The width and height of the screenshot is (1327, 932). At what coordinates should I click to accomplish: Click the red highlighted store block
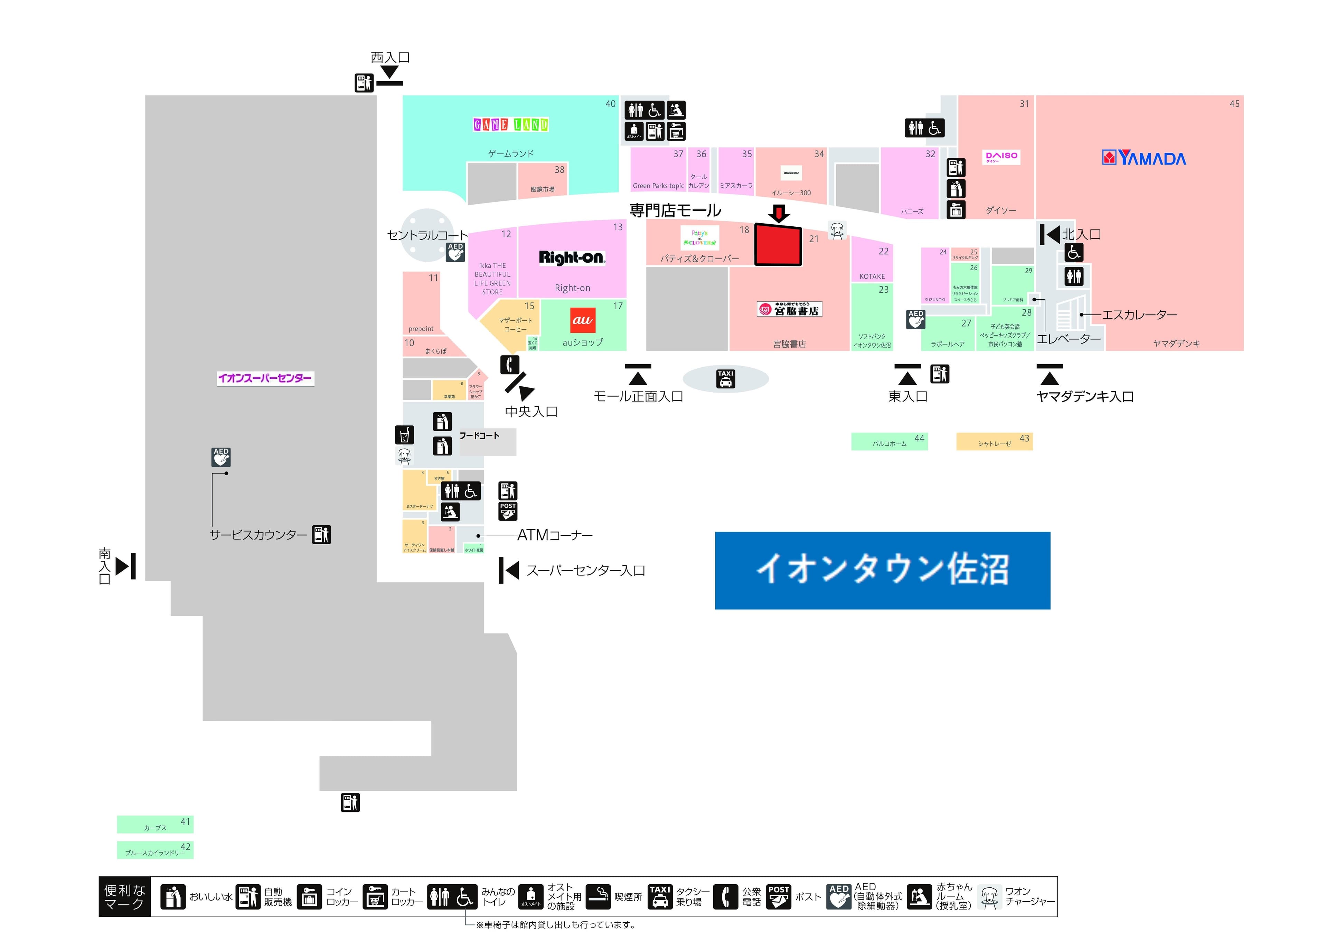[x=778, y=245]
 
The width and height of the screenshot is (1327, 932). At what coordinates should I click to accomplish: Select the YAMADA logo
[x=1144, y=158]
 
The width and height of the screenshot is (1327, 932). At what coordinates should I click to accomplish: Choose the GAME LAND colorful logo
[x=511, y=124]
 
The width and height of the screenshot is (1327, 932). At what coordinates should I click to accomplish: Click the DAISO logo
[x=1001, y=157]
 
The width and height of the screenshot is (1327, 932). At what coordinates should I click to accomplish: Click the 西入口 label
[x=390, y=57]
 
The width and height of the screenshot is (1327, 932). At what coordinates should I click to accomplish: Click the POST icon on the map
[x=507, y=511]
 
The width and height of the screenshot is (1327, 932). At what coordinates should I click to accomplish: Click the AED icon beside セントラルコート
[x=455, y=252]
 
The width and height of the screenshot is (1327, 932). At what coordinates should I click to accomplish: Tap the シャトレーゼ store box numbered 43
[x=994, y=441]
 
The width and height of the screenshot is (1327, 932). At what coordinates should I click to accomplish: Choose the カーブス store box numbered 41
[x=155, y=825]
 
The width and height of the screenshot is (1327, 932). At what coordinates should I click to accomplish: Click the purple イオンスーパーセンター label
[x=265, y=378]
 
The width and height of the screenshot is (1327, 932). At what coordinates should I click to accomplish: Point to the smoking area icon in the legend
[x=598, y=897]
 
